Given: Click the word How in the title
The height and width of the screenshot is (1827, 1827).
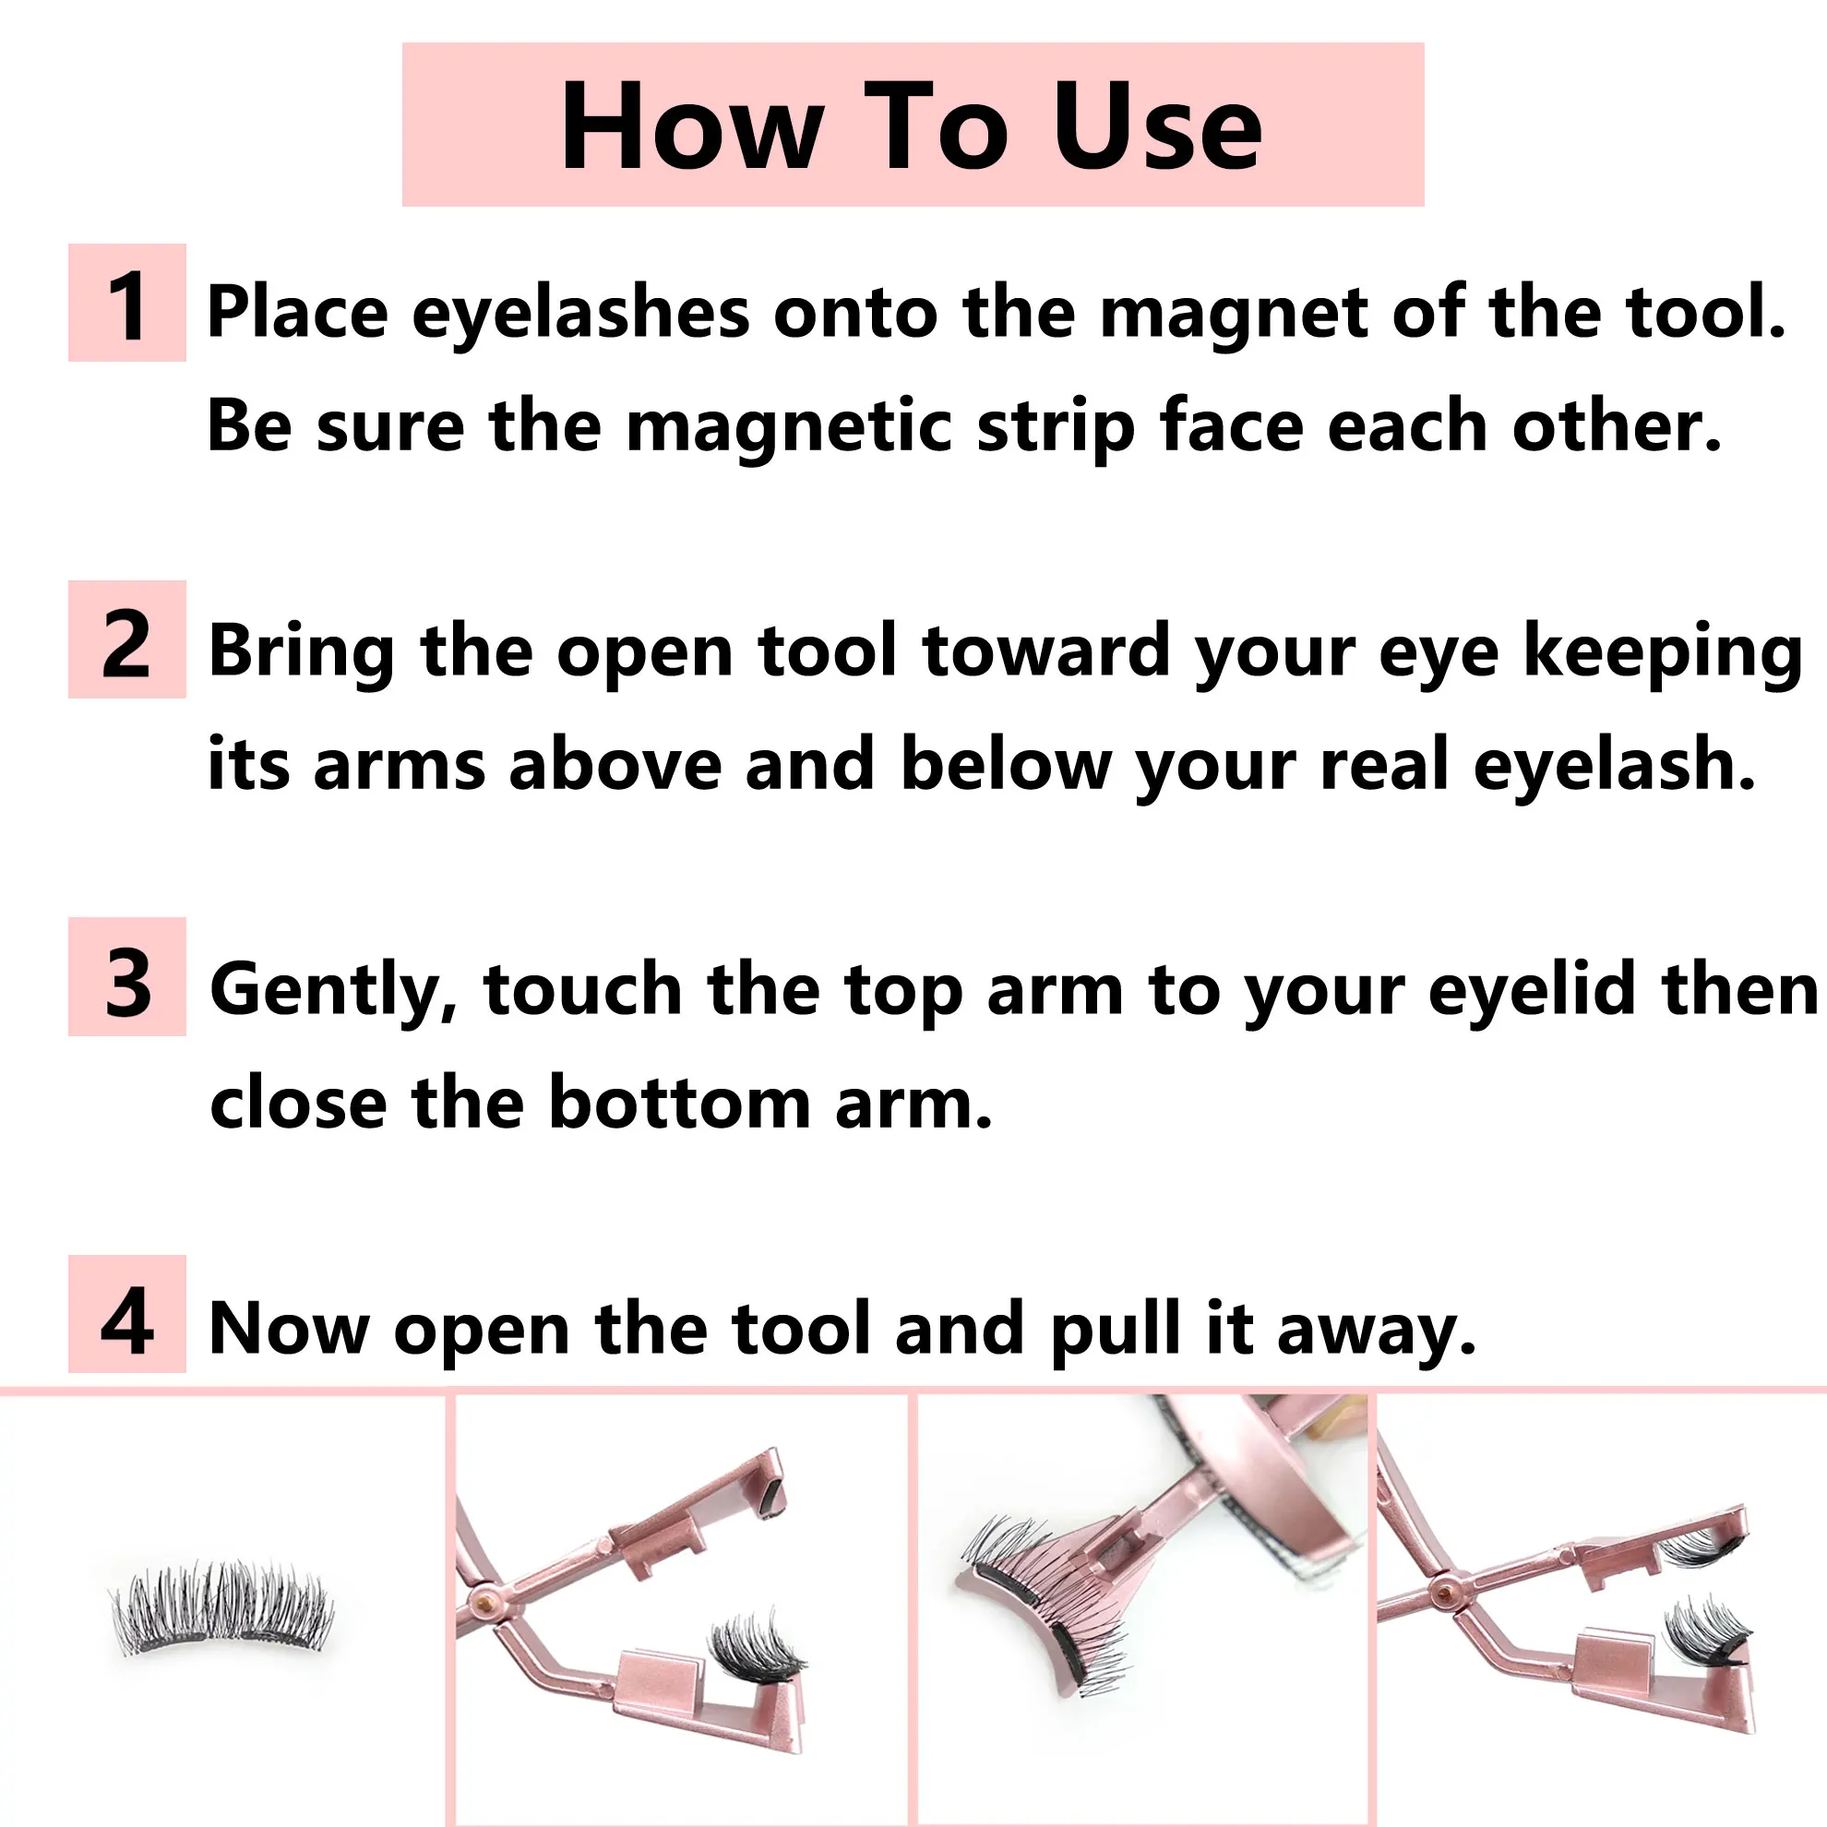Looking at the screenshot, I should (x=690, y=125).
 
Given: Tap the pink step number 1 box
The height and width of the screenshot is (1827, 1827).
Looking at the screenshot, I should (x=126, y=303).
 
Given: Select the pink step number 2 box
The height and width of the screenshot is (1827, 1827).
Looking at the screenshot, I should (x=126, y=640).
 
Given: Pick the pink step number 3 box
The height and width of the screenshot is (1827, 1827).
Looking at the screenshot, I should (x=126, y=977).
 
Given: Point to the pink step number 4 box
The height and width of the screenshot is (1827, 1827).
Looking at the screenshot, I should (x=126, y=1315).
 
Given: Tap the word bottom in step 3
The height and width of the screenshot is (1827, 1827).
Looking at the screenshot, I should (x=679, y=1103).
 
